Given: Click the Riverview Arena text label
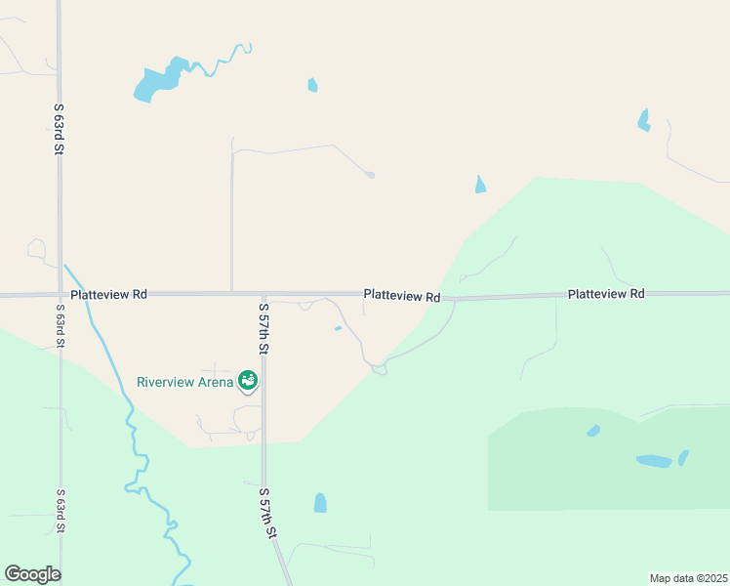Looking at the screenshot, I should pos(184,381).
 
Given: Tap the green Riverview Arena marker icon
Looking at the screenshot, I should pos(248,379).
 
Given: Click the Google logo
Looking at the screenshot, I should pos(32,574).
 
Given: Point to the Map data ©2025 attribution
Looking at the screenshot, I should pos(689,578).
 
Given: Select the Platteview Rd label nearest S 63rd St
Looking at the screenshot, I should pos(108,293).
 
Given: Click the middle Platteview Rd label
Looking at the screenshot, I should pos(401,295).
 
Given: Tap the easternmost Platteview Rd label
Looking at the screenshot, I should pos(605,293).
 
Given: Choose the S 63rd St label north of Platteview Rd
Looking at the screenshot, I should pos(60,129).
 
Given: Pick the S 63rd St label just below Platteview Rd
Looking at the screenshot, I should pos(61,326).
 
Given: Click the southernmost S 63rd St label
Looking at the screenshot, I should pos(61,512).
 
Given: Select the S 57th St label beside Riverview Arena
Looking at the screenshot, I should pos(264,328).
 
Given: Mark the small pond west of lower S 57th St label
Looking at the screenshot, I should pos(320,503).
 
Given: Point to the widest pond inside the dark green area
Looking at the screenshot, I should pos(654,461).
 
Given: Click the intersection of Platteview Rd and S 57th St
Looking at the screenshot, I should pos(264,293).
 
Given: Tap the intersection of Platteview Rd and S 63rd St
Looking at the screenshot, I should pos(60,294).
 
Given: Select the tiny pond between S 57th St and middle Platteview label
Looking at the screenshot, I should pos(338,328).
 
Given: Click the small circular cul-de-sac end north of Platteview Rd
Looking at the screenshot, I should pos(370,175).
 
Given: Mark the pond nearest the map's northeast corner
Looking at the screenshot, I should pos(643,120).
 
